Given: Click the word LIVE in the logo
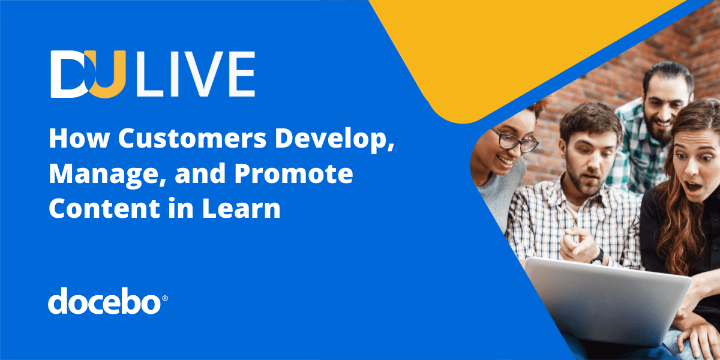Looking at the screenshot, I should pyautogui.click(x=195, y=74).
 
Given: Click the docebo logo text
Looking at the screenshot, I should pyautogui.click(x=104, y=301).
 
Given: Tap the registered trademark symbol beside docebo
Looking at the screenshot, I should pyautogui.click(x=165, y=297).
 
